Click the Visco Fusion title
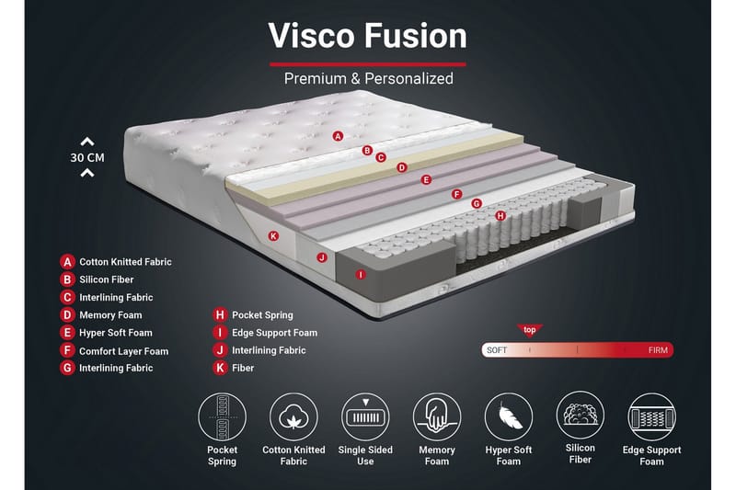367,36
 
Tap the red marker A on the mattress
338,136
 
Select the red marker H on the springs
500,216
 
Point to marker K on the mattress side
273,236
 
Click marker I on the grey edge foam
361,274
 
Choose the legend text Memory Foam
110,315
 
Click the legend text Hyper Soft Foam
116,333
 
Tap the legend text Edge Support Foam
274,333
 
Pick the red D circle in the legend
67,314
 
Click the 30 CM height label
87,157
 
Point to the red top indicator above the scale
530,330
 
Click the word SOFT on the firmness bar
497,350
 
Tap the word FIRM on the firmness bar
658,350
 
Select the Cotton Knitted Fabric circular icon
293,416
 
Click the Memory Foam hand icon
437,416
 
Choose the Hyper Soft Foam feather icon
509,416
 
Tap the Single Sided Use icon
365,416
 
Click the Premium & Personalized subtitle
369,79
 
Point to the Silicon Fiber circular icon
581,415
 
